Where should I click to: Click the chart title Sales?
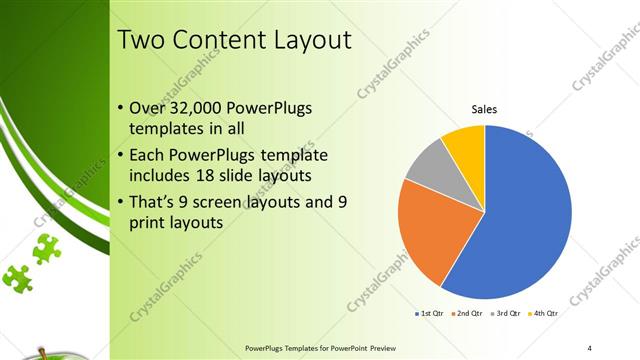click(485, 109)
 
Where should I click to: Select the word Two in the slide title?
click(141, 41)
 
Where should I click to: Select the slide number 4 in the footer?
click(590, 347)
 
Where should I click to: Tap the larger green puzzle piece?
click(46, 248)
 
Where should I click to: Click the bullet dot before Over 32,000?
click(121, 108)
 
